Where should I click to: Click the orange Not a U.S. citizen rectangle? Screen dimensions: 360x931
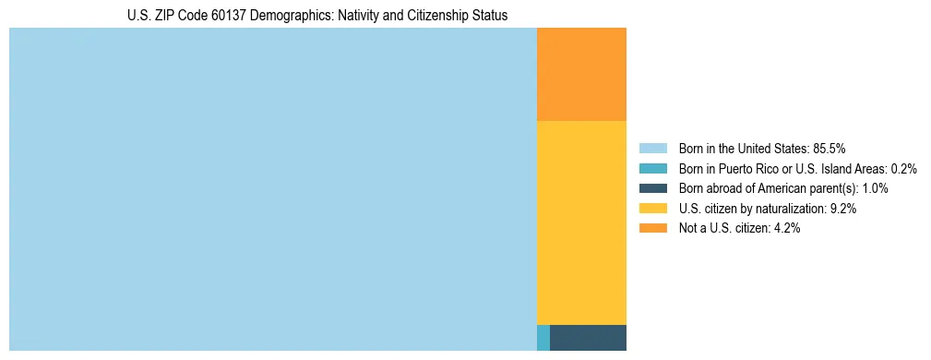pyautogui.click(x=581, y=74)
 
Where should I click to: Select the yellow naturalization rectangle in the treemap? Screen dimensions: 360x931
pyautogui.click(x=581, y=222)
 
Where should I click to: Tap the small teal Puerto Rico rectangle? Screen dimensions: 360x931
pyautogui.click(x=543, y=338)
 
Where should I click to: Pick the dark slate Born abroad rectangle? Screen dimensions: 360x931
pyautogui.click(x=588, y=338)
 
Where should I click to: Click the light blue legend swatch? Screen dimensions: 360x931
pyautogui.click(x=652, y=148)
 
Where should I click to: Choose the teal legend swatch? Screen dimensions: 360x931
pyautogui.click(x=652, y=168)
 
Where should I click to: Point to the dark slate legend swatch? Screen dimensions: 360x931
pyautogui.click(x=652, y=188)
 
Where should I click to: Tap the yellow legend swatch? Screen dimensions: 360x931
pyautogui.click(x=652, y=209)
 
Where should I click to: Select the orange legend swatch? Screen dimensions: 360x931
pyautogui.click(x=652, y=229)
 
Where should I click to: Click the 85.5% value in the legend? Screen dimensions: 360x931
pyautogui.click(x=829, y=148)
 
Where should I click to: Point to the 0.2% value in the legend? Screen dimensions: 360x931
pyautogui.click(x=903, y=168)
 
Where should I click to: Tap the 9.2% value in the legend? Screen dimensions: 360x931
pyautogui.click(x=843, y=209)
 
